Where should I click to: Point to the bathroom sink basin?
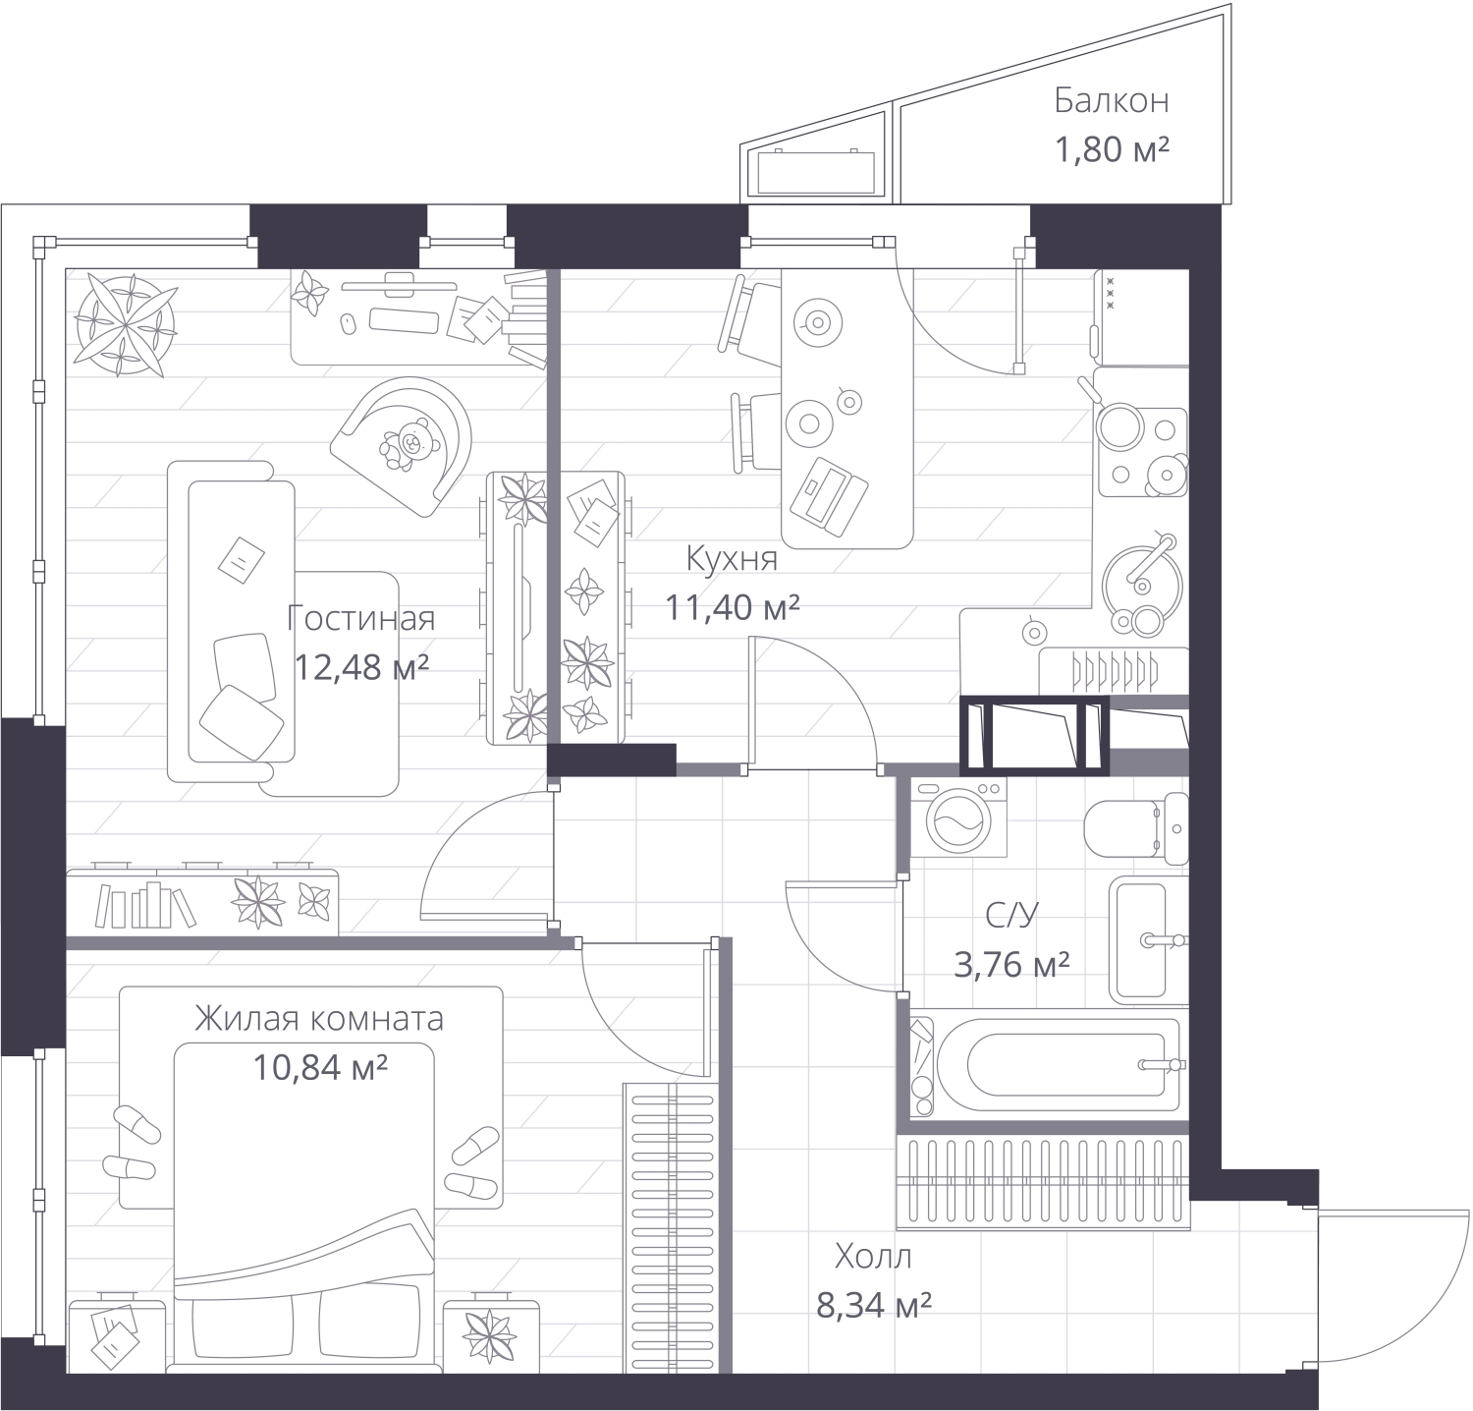(x=1139, y=938)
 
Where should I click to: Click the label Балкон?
(x=1111, y=100)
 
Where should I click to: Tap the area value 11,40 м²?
(x=732, y=607)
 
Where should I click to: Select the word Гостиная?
(x=360, y=618)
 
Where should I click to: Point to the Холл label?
(x=873, y=1256)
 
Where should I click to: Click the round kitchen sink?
(x=1139, y=580)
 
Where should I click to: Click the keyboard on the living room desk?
(x=403, y=320)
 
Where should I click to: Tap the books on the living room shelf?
(x=143, y=905)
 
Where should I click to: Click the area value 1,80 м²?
(x=1111, y=149)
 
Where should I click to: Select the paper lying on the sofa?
(x=240, y=558)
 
